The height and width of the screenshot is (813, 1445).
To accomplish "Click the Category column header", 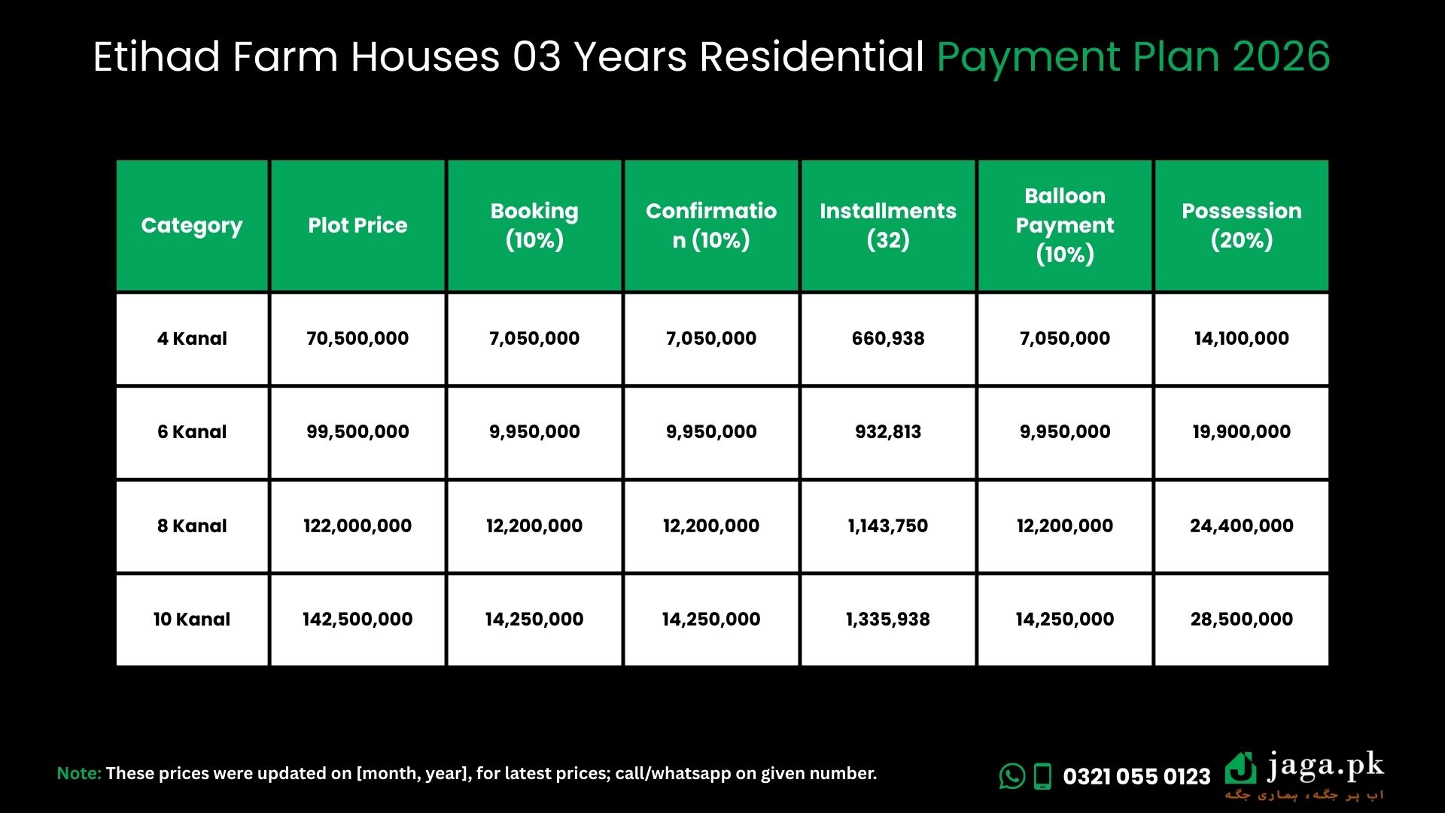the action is (x=192, y=225).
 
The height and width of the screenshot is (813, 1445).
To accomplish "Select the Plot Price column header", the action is (x=357, y=225).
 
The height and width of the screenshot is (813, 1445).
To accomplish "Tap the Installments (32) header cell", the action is (x=888, y=225).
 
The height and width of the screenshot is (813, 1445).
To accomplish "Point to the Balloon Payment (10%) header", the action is (x=1065, y=225).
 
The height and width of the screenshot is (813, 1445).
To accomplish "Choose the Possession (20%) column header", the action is (x=1242, y=225).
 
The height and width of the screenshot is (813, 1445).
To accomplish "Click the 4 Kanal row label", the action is (x=192, y=339).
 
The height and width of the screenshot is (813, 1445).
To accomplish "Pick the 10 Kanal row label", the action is (x=192, y=620).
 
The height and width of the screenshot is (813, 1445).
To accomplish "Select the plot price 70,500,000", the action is (x=357, y=339).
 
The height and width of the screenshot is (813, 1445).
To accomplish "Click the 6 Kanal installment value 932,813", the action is (x=888, y=432).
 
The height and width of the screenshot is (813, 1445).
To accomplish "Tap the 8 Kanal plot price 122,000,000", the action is (x=357, y=526).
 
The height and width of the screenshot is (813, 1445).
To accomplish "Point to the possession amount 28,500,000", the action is (x=1242, y=620).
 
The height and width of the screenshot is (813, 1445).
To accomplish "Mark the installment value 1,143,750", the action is (x=888, y=526).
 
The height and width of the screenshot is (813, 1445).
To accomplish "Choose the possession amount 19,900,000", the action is (x=1242, y=432).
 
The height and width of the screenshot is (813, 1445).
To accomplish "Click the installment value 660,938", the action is (x=888, y=339).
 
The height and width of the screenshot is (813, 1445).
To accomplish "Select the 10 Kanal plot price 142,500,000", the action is (x=357, y=620).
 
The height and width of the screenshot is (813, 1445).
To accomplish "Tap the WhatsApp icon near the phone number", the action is (x=1012, y=776).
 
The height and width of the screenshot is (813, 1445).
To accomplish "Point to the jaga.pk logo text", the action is (x=1325, y=766).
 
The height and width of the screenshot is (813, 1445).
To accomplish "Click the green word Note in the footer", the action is (x=79, y=773).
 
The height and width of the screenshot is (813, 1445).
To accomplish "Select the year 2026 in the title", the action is (x=1281, y=56).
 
